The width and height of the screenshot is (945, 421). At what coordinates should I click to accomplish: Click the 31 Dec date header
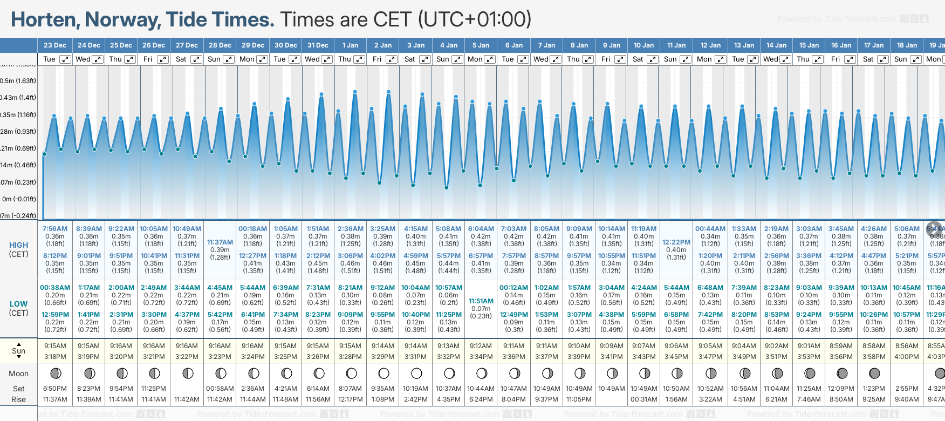[x=318, y=45]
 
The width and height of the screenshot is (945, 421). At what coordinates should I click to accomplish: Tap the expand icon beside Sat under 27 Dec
[x=196, y=59]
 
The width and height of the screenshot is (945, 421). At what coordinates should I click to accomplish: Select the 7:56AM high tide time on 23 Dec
[x=55, y=229]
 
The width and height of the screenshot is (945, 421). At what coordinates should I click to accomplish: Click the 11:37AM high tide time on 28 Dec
[x=220, y=242]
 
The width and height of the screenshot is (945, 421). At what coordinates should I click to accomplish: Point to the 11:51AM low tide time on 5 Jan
[x=481, y=301]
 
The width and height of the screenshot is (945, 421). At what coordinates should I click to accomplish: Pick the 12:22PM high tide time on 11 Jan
[x=676, y=242]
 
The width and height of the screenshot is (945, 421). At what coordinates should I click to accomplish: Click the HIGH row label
[x=18, y=245]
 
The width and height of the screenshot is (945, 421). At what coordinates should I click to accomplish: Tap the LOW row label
[x=18, y=304]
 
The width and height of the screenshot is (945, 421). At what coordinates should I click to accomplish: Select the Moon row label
[x=18, y=374]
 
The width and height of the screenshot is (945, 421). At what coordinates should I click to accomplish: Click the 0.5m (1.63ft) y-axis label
[x=18, y=81]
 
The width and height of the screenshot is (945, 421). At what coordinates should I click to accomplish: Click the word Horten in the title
[x=45, y=20]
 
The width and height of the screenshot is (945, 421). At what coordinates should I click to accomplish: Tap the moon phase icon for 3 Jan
[x=416, y=373]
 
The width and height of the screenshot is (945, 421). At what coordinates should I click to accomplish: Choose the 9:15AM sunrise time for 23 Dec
[x=55, y=346]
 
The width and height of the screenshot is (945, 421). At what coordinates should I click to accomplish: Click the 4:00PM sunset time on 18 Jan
[x=907, y=357]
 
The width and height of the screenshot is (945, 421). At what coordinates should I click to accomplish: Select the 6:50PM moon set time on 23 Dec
[x=55, y=389]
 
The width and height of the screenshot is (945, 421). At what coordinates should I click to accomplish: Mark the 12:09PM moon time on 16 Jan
[x=841, y=389]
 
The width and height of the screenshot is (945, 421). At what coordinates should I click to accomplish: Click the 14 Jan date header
[x=777, y=45]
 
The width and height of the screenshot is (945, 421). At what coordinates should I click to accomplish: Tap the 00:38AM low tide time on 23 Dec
[x=55, y=288]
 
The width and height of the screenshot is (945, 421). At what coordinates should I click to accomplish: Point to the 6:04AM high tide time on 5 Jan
[x=481, y=229]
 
